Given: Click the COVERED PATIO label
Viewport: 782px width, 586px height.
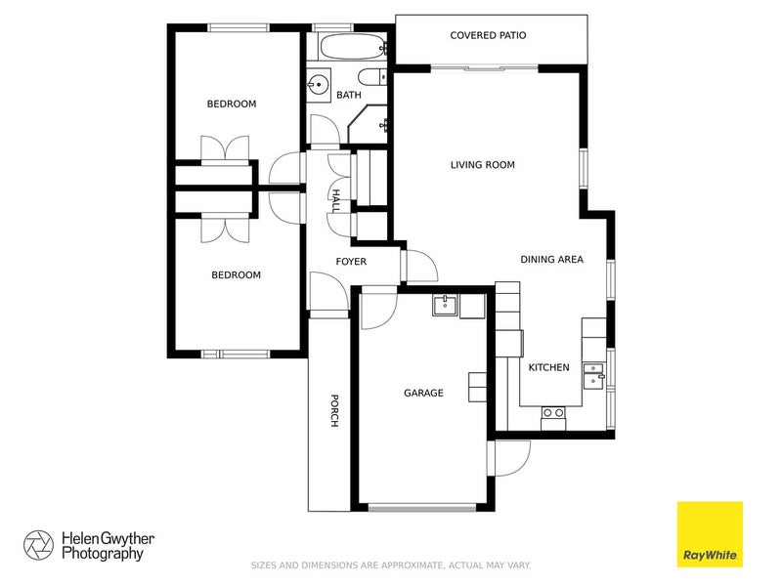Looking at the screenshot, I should click(488, 36).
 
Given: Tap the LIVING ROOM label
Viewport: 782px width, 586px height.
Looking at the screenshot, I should click(482, 165).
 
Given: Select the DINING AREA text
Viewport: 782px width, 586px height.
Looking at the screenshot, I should click(551, 259).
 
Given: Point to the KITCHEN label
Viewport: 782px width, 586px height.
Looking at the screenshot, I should click(548, 367).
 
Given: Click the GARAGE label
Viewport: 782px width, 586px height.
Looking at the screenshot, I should click(423, 394).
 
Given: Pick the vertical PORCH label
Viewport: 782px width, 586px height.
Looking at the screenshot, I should click(334, 411).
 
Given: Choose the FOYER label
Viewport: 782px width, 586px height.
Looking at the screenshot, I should click(351, 262).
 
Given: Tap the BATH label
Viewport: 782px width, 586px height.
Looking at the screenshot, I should click(349, 96).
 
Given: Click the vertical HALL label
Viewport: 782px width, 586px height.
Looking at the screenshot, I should click(334, 202).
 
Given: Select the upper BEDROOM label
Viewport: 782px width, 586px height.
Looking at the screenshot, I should click(231, 104).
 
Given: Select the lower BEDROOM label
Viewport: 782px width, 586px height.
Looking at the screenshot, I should click(237, 275).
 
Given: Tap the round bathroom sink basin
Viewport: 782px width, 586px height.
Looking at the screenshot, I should click(317, 85).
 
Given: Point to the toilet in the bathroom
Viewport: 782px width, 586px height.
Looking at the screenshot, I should click(370, 78).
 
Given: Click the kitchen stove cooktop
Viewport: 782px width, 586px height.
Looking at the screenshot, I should click(553, 413).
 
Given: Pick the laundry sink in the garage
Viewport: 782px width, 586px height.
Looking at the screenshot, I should click(446, 305).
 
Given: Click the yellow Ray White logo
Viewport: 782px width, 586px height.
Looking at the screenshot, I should click(710, 534).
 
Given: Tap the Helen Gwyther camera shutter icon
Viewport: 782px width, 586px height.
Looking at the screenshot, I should click(39, 545).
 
